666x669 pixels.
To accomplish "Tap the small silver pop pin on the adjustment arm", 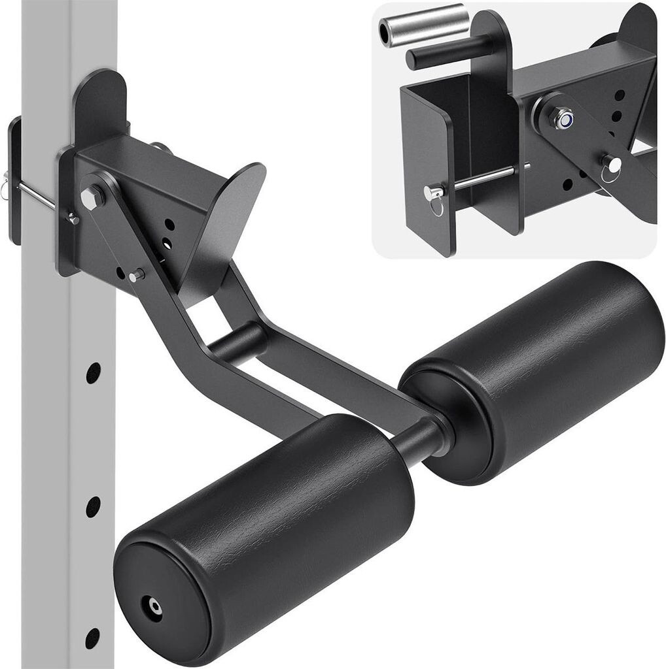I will pyautogui.click(x=136, y=276).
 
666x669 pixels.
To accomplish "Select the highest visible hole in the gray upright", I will pyautogui.click(x=93, y=372).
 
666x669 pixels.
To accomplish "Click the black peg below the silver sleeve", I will pyautogui.click(x=445, y=54).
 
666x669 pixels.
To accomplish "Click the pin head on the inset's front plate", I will pyautogui.click(x=432, y=192).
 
